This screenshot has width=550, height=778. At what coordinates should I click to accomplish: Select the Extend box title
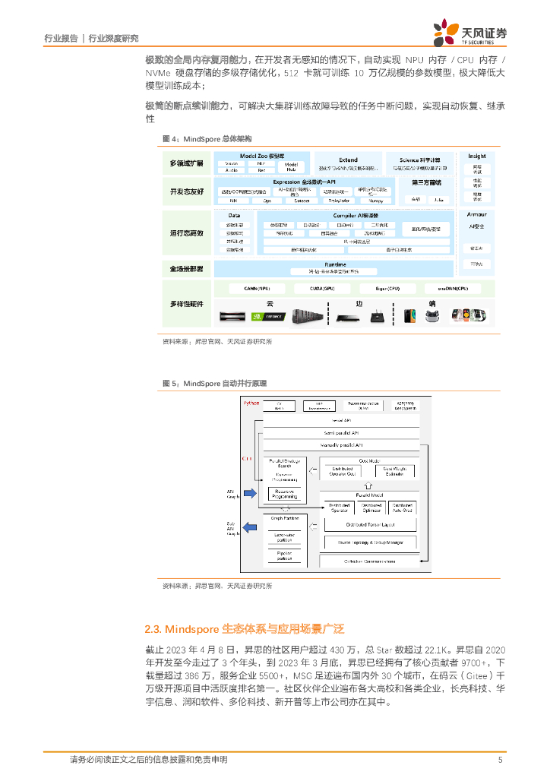click(348, 160)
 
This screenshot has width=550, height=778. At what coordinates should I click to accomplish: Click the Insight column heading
click(476, 156)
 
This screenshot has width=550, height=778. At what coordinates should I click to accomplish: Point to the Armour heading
click(476, 215)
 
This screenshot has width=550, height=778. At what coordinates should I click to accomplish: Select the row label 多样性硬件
click(186, 304)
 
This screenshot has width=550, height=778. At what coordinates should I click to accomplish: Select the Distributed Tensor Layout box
click(370, 524)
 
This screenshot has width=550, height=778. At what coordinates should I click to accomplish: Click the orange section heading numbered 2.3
click(245, 629)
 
